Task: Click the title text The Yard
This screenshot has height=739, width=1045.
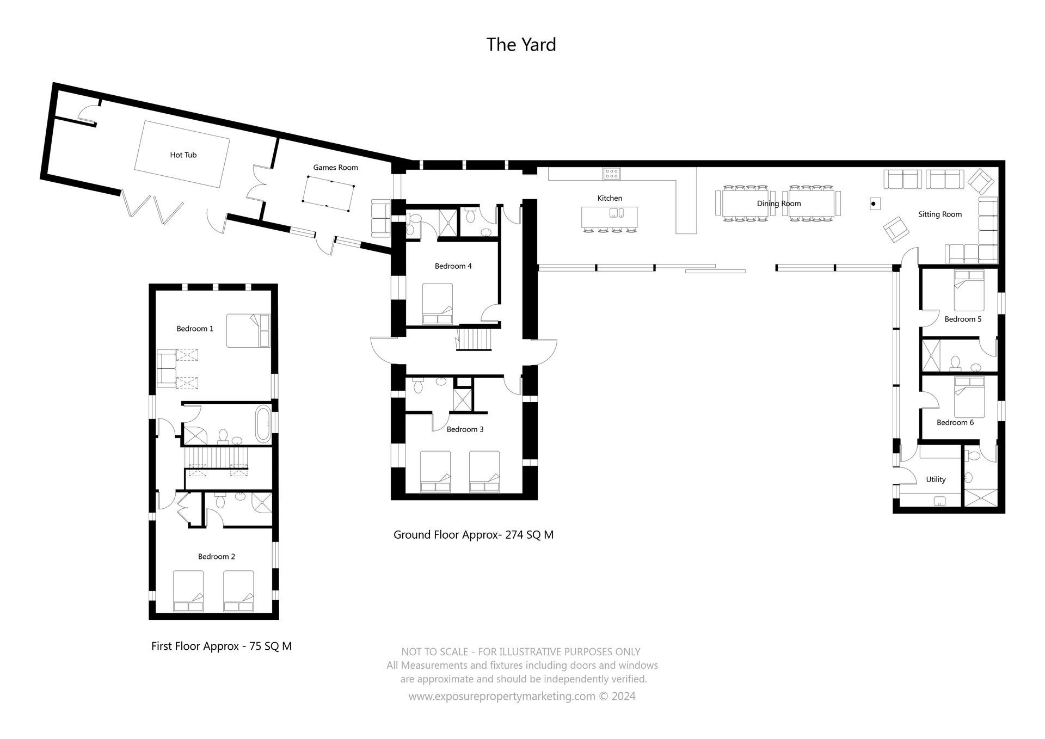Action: tap(521, 45)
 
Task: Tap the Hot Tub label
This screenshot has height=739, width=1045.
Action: tap(183, 155)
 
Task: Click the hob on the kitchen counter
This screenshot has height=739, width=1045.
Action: tap(611, 174)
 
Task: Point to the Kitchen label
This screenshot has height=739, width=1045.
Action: tap(610, 198)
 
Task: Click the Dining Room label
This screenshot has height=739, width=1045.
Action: tap(778, 204)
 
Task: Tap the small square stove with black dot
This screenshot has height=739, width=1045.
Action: tap(874, 204)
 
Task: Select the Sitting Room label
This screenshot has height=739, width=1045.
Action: tap(939, 214)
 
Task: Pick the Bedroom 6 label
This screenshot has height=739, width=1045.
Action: tap(955, 422)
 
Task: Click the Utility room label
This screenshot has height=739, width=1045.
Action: tap(936, 479)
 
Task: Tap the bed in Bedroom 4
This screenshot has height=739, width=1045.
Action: tap(438, 304)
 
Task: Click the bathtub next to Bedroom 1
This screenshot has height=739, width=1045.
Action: tap(263, 423)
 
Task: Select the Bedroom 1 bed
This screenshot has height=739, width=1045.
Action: tap(248, 330)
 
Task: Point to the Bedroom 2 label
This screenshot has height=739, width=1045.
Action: tap(216, 556)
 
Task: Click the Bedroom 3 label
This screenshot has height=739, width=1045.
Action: tap(465, 429)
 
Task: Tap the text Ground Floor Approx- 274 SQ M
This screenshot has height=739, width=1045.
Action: tap(473, 535)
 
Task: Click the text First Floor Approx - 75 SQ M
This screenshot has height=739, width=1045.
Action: tap(221, 646)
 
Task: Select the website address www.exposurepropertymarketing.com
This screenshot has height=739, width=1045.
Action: tap(501, 697)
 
